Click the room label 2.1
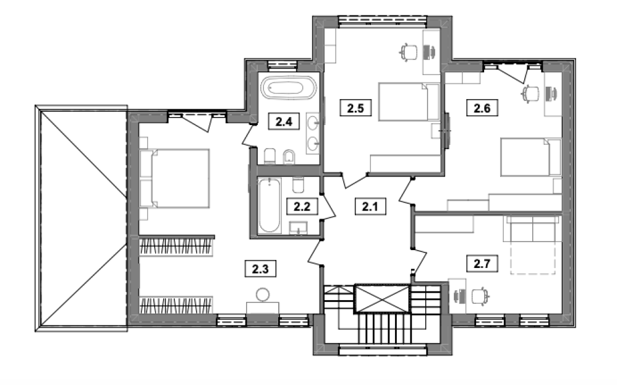370,206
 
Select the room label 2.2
302,206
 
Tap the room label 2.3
260,269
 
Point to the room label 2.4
284,121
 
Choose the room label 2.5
355,108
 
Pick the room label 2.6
482,108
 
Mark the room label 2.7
482,263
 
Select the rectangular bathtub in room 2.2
270,205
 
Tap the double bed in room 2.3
175,178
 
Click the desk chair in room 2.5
409,52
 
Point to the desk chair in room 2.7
480,296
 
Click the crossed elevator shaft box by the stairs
382,298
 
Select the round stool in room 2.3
263,294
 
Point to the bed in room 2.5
409,102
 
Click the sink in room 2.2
298,228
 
